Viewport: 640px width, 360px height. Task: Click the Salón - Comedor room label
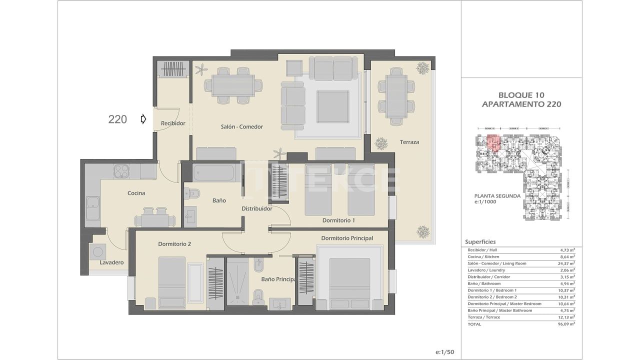pos(241,127)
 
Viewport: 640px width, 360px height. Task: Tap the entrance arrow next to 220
pos(143,119)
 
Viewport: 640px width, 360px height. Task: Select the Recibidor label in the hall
pos(173,123)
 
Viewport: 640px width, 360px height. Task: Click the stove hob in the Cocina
pos(121,171)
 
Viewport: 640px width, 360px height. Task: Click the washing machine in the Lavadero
pos(97,251)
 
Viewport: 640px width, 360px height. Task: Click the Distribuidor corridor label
pos(256,209)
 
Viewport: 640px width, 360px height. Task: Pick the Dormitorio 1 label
pos(338,220)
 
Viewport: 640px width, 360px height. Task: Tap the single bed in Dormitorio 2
pos(171,280)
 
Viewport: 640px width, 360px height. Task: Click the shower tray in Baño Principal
pos(237,281)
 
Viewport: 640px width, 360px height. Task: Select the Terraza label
pos(409,142)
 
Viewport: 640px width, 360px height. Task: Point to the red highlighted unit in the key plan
pos(492,143)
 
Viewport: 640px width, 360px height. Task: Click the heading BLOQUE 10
pos(521,95)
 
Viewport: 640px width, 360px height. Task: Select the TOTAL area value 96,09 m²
pos(565,324)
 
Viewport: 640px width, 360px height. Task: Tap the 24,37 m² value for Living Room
pos(565,263)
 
